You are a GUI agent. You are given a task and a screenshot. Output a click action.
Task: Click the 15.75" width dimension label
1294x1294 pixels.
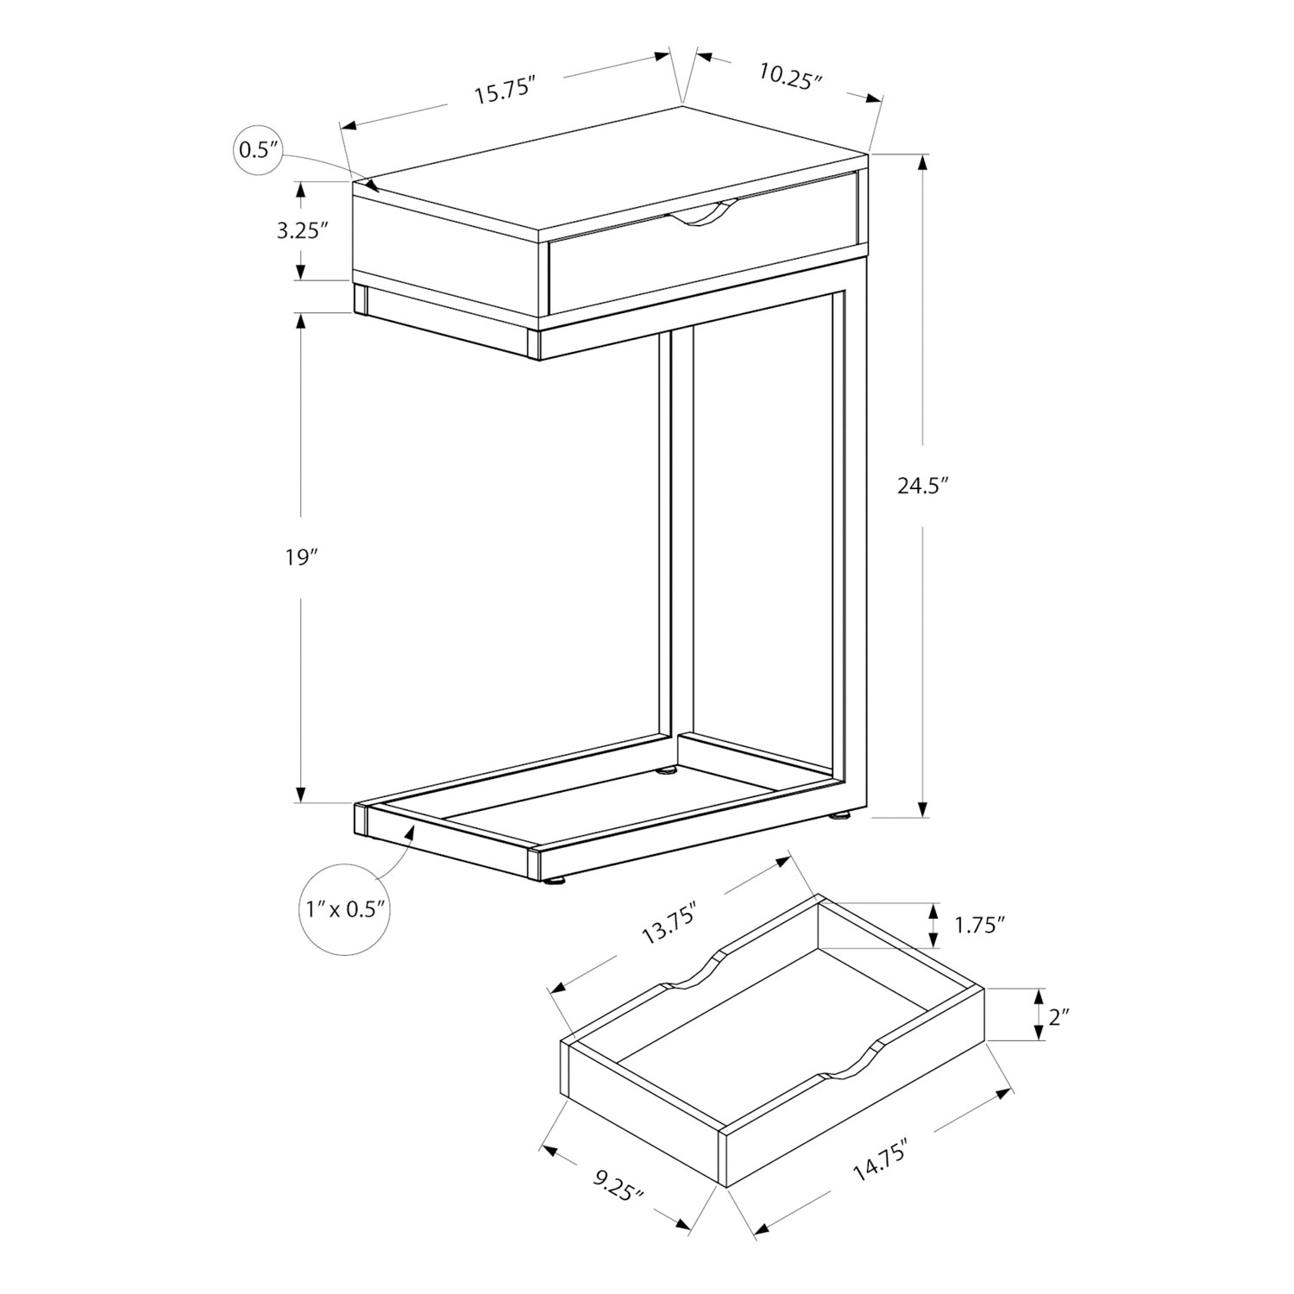tap(506, 91)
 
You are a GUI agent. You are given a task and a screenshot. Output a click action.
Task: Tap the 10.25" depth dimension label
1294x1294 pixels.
tap(789, 77)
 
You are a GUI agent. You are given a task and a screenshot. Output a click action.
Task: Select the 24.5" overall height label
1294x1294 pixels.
tap(923, 486)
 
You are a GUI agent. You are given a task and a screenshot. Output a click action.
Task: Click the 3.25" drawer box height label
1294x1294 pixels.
tap(303, 230)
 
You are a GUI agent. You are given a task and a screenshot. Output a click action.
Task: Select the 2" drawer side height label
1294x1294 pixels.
tap(1059, 1017)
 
